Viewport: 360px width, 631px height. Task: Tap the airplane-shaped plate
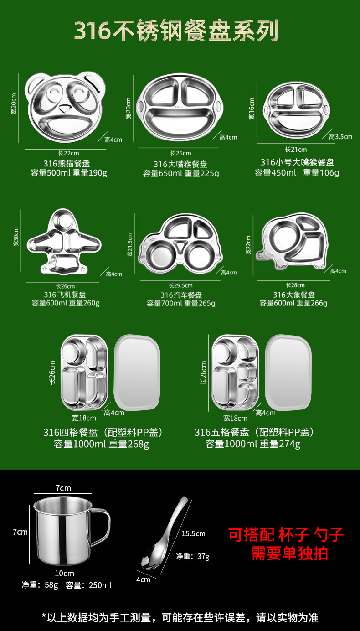click(64, 244)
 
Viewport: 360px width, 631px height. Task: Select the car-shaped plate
click(181, 246)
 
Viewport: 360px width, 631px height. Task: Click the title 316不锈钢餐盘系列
click(176, 31)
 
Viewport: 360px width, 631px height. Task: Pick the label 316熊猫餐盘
click(70, 163)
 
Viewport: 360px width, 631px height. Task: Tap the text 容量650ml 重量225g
click(181, 173)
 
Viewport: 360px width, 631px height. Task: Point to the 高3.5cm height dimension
click(341, 136)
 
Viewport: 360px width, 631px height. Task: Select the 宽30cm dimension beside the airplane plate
click(16, 237)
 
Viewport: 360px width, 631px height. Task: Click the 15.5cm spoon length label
click(194, 533)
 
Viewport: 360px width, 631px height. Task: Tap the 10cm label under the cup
click(64, 573)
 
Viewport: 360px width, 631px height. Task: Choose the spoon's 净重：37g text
click(193, 556)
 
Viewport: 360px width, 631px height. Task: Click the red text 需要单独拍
click(289, 553)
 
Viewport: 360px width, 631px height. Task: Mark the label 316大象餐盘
click(294, 295)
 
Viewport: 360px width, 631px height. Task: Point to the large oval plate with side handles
click(181, 107)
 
